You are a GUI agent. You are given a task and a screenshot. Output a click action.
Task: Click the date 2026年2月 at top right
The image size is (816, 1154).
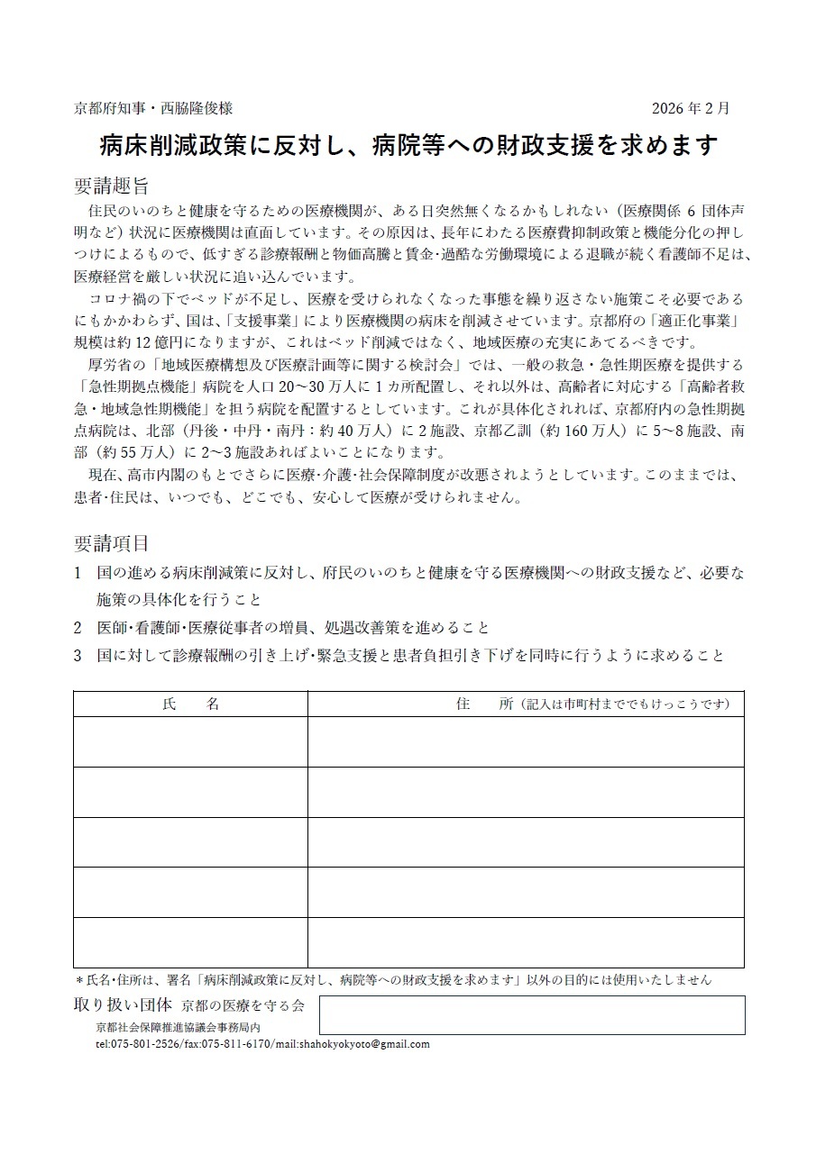click(x=691, y=108)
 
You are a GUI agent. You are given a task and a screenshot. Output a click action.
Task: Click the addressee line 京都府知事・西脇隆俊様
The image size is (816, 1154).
click(x=153, y=108)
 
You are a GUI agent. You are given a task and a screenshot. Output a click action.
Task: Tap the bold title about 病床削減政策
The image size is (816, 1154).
click(x=408, y=145)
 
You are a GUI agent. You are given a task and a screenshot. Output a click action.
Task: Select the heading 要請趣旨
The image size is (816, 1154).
click(x=111, y=186)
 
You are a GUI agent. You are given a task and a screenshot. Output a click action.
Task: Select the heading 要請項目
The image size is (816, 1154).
click(x=111, y=543)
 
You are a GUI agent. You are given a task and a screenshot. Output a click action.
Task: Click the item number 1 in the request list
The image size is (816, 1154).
click(x=78, y=573)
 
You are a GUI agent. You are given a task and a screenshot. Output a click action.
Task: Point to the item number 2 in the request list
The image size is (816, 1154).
click(x=78, y=628)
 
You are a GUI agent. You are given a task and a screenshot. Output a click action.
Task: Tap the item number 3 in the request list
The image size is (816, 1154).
click(x=78, y=656)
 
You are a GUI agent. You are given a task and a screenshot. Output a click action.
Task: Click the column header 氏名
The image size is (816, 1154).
click(x=190, y=704)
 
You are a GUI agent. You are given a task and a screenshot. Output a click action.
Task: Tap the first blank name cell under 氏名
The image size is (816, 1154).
click(x=190, y=741)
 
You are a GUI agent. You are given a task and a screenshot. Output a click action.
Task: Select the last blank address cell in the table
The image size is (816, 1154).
click(x=526, y=942)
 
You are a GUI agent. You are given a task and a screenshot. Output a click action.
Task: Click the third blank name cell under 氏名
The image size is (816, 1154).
click(x=190, y=842)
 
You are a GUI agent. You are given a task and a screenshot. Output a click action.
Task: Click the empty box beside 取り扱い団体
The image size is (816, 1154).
click(x=532, y=1014)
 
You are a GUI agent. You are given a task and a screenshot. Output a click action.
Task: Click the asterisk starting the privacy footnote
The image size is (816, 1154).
click(x=78, y=979)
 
